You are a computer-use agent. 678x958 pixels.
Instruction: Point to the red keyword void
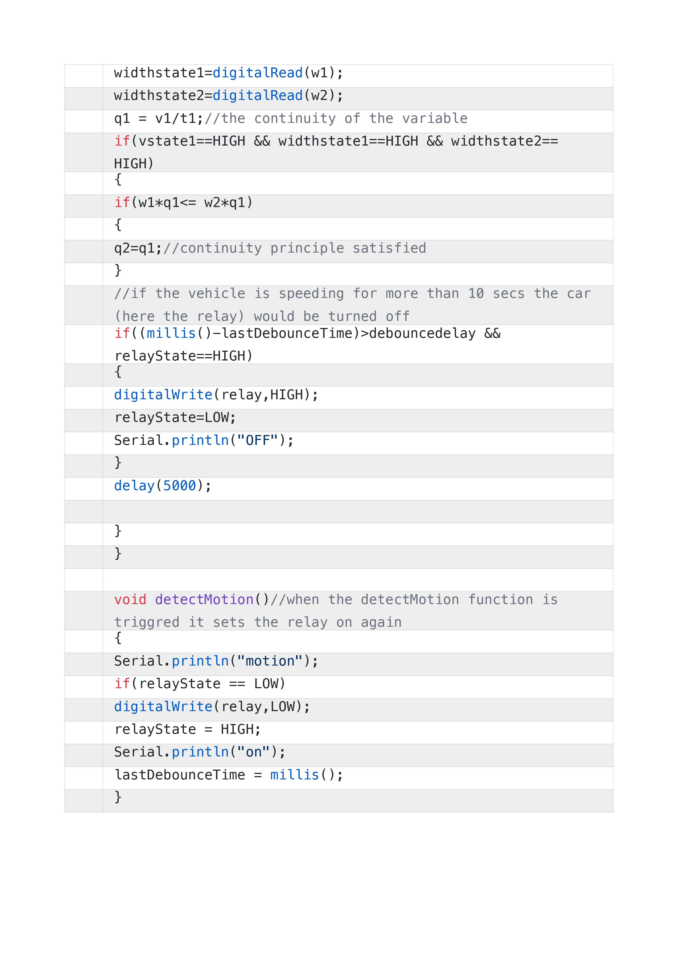pos(130,600)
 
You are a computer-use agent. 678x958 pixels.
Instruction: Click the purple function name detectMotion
pos(204,600)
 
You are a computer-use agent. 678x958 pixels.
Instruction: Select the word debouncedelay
pos(422,333)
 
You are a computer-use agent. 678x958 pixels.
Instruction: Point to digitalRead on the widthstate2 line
pos(258,96)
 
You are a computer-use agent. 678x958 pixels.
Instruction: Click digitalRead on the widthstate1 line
pos(258,73)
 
